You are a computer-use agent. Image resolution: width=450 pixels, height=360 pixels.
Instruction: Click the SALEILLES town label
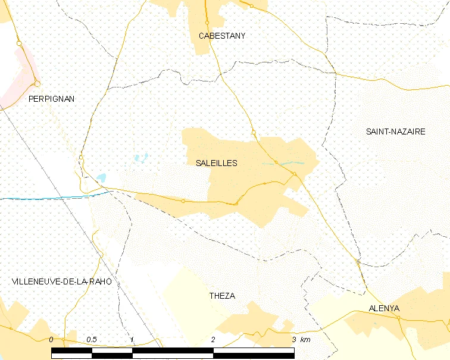coord(216,163)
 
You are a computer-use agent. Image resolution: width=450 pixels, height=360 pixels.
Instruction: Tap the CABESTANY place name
coord(221,36)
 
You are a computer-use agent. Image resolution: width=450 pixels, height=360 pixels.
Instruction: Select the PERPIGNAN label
coord(51,99)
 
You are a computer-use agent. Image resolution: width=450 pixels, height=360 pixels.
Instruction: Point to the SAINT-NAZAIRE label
coord(396,132)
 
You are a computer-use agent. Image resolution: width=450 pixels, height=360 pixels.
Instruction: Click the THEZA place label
coord(222,296)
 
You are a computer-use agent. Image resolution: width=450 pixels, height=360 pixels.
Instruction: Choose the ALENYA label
coord(384,309)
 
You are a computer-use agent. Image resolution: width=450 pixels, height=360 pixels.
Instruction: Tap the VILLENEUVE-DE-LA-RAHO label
coord(62,281)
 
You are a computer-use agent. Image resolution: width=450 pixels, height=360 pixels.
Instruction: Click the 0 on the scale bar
coord(52,339)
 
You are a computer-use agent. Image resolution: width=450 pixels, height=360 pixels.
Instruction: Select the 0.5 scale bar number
coord(92,339)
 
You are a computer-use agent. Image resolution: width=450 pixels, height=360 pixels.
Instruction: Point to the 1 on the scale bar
coord(132,339)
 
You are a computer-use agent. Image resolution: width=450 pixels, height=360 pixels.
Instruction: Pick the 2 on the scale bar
coord(213,339)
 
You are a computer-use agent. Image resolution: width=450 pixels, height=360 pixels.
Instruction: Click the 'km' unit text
coord(305,339)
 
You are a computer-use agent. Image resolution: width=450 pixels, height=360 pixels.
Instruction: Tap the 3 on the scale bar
coord(293,339)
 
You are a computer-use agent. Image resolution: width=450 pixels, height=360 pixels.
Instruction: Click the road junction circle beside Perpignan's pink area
coord(37,84)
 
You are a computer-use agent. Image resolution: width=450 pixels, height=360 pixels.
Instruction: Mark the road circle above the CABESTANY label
coord(207,23)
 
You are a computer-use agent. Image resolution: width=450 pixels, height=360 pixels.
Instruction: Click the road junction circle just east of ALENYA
coord(398,317)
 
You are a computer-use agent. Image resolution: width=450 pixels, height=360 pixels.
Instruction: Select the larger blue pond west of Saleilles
coord(101,177)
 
